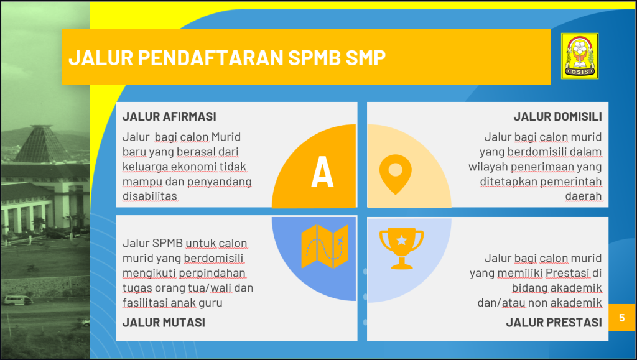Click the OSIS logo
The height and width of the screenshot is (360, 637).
[580, 56]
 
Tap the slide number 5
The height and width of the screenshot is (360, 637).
[621, 317]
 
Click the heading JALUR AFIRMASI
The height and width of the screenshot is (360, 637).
[169, 116]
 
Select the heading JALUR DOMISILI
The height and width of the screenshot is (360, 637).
[557, 116]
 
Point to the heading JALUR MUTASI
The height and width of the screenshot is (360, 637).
[164, 322]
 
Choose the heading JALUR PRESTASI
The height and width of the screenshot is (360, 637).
[554, 322]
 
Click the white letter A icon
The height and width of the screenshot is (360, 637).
[322, 172]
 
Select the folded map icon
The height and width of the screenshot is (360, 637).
[325, 246]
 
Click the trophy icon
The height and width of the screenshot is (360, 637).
[401, 248]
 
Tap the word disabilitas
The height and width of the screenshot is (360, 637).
[150, 196]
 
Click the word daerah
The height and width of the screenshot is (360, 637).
[584, 196]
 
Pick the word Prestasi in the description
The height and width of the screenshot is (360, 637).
[567, 273]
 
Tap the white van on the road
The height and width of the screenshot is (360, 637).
[17, 300]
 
